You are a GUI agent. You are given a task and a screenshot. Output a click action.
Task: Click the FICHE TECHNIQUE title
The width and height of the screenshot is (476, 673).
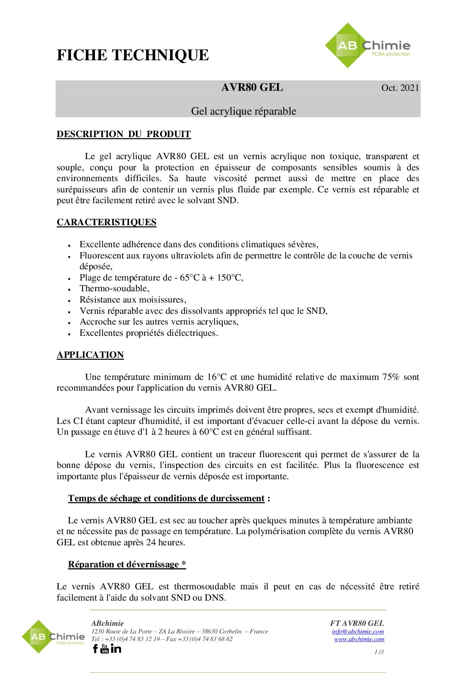(x=133, y=55)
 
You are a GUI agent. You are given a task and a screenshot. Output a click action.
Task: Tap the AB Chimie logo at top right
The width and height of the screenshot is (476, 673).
(x=368, y=46)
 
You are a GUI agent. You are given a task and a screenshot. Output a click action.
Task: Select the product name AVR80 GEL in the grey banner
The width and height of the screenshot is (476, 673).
(x=252, y=87)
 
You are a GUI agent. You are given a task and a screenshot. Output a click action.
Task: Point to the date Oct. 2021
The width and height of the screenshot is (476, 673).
(x=400, y=88)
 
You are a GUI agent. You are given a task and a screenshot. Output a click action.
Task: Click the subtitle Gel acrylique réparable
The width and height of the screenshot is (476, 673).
(x=243, y=111)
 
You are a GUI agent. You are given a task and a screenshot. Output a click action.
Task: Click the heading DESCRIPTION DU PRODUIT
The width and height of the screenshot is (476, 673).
(x=124, y=134)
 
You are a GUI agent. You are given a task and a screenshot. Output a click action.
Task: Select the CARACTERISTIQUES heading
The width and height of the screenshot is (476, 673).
(x=107, y=222)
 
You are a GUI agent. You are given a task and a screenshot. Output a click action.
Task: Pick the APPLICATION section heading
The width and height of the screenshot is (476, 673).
(x=90, y=355)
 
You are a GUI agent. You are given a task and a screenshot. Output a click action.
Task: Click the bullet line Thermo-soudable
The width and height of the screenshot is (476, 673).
(x=114, y=289)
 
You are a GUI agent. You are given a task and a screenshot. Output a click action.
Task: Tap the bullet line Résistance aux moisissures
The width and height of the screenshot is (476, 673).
(x=133, y=300)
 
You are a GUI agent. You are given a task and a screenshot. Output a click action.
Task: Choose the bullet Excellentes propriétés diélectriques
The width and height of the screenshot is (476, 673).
(x=148, y=333)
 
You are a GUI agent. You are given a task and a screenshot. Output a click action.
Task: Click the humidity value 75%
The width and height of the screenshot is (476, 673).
(x=391, y=377)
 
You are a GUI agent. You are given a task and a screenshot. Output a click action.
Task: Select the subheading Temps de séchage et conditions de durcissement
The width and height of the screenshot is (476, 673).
(x=166, y=498)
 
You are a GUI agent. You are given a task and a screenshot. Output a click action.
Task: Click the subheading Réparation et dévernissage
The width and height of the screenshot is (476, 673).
(x=127, y=564)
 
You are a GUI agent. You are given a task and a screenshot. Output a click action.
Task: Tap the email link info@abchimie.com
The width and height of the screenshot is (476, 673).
(x=358, y=631)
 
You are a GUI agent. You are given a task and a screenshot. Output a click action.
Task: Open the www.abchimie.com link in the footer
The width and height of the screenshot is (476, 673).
(x=359, y=639)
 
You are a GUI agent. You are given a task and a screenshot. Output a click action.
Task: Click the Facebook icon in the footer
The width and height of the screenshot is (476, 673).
(x=95, y=648)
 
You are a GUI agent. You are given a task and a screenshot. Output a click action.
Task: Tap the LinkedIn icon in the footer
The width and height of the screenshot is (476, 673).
(x=116, y=648)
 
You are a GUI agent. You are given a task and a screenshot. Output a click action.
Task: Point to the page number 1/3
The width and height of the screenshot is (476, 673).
(x=379, y=652)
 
